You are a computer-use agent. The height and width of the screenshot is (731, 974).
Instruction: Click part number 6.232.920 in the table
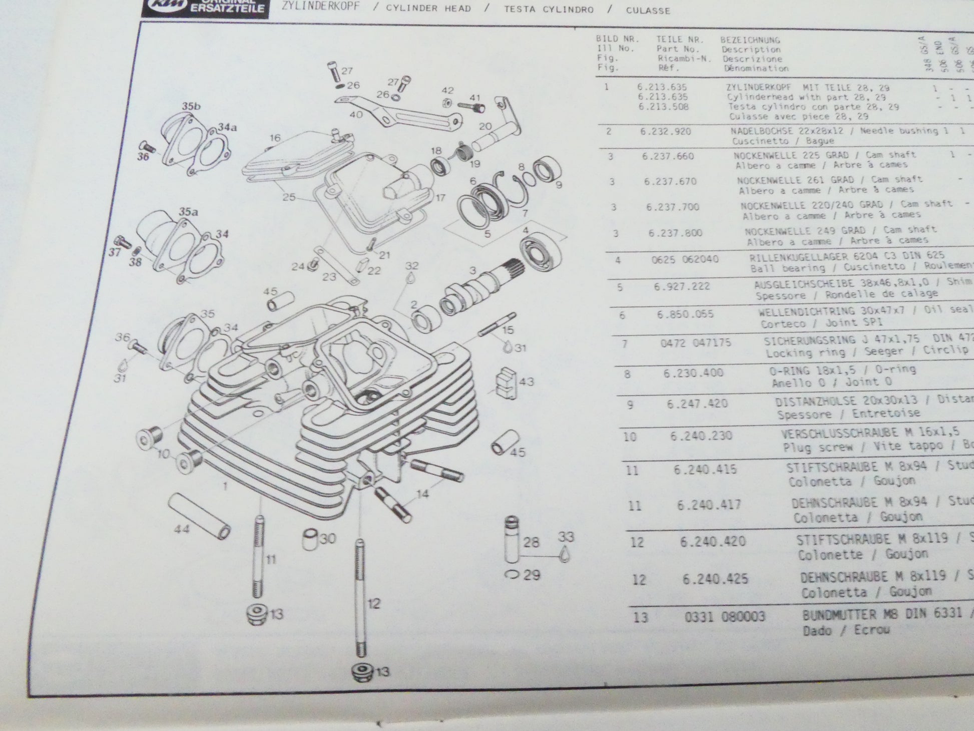[665, 132]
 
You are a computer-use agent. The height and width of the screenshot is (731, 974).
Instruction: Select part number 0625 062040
[685, 259]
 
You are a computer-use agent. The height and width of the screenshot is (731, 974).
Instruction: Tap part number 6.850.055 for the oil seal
[685, 314]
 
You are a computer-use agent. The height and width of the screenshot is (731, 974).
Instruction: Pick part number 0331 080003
[724, 616]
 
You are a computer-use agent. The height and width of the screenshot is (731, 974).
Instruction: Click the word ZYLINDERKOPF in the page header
[320, 8]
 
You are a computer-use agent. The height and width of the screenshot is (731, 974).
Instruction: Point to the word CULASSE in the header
[648, 10]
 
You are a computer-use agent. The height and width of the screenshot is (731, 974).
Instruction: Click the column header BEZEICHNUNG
[750, 40]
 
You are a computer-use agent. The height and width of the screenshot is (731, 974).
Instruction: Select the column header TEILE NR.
[680, 39]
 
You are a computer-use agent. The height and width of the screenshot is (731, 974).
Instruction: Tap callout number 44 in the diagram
[182, 529]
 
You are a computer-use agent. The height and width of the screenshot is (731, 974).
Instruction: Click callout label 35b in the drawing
[191, 106]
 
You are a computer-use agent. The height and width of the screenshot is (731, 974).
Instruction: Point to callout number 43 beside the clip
[526, 382]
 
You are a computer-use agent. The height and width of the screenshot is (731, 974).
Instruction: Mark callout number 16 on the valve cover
[274, 138]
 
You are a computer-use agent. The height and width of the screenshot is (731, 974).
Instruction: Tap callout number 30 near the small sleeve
[328, 539]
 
